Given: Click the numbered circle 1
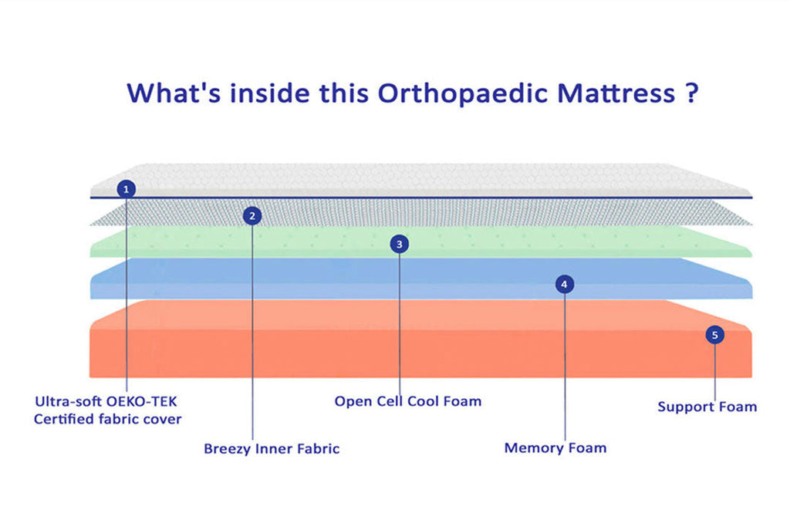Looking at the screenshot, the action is pyautogui.click(x=126, y=190).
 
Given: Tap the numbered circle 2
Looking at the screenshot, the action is pyautogui.click(x=252, y=216).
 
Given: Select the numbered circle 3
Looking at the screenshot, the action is pyautogui.click(x=400, y=245).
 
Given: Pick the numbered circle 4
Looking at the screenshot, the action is pyautogui.click(x=564, y=285).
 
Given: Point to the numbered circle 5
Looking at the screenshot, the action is pyautogui.click(x=715, y=335).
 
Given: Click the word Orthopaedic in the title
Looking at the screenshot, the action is pyautogui.click(x=463, y=93).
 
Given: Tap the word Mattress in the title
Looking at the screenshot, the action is pyautogui.click(x=616, y=93).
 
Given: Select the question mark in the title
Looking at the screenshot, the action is pyautogui.click(x=692, y=93).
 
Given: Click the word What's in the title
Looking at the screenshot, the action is pyautogui.click(x=174, y=93).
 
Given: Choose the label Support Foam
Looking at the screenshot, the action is pyautogui.click(x=707, y=407).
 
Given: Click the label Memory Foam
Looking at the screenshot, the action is pyautogui.click(x=555, y=448).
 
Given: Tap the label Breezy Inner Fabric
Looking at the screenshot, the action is pyautogui.click(x=272, y=449).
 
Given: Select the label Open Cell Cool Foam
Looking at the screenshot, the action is pyautogui.click(x=408, y=401).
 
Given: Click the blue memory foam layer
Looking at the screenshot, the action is pyautogui.click(x=420, y=279).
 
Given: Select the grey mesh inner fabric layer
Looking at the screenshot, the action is pyautogui.click(x=420, y=212).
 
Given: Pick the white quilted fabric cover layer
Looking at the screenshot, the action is pyautogui.click(x=420, y=179).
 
